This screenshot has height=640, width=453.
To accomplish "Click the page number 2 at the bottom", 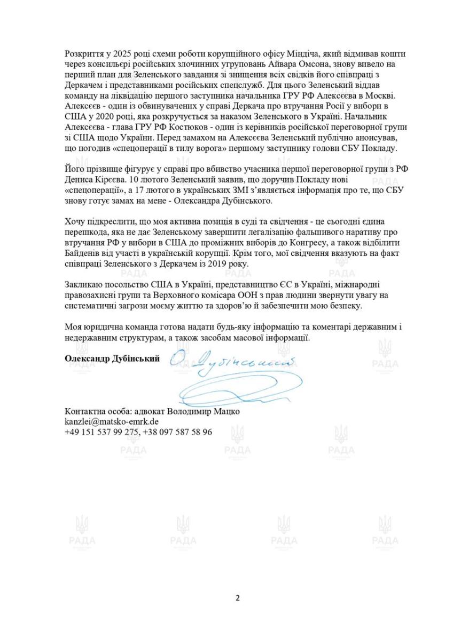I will (x=238, y=598).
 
